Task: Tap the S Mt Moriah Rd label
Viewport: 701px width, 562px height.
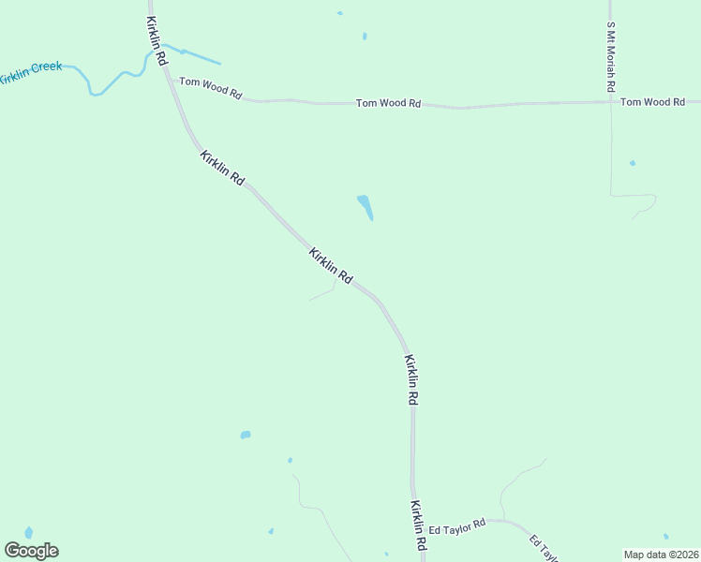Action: (x=610, y=56)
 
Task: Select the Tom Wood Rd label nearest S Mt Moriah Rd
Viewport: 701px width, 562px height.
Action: (x=652, y=101)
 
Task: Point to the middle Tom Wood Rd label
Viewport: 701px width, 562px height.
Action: (x=388, y=103)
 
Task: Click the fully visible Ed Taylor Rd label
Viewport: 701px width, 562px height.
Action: (x=456, y=525)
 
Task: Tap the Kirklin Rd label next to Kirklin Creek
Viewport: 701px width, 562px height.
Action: (x=157, y=39)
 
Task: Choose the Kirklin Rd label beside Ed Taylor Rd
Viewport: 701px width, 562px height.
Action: (x=418, y=525)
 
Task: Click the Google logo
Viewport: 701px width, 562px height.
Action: (x=31, y=551)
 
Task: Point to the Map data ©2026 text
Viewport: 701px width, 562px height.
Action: (x=661, y=555)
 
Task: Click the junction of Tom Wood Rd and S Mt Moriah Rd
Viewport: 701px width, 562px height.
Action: (x=610, y=101)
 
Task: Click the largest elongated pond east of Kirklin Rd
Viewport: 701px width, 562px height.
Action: (x=365, y=206)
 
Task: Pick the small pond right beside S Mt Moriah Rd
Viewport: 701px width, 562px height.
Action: (x=633, y=163)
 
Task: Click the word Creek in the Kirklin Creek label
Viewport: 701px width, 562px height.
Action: (x=46, y=68)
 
